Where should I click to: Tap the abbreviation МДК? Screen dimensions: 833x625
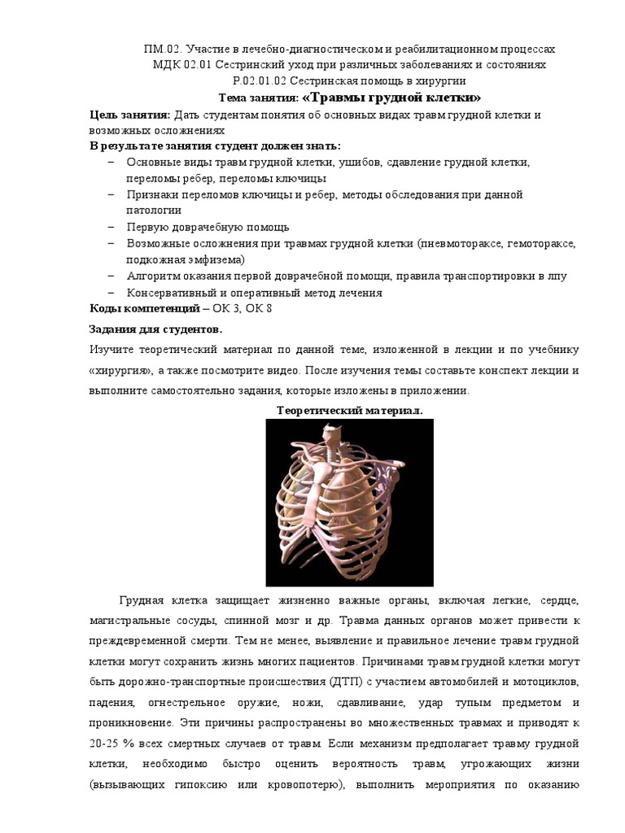pyautogui.click(x=168, y=65)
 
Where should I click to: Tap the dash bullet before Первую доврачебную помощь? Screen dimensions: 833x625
pyautogui.click(x=111, y=227)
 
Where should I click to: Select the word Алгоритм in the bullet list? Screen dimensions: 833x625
pyautogui.click(x=151, y=276)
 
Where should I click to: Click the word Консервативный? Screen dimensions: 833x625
pyautogui.click(x=168, y=292)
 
